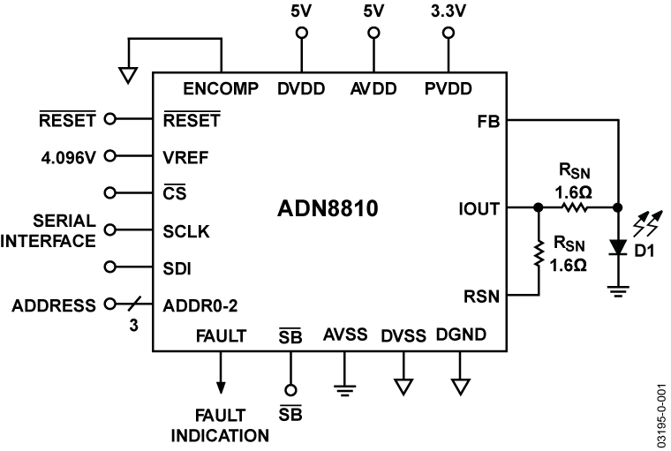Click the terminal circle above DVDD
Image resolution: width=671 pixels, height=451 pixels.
coord(301,34)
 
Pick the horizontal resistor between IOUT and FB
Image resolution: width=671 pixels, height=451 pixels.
coord(575,209)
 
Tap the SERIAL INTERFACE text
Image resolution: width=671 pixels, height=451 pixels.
coord(52,229)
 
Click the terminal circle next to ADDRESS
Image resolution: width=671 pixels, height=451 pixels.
coord(110,305)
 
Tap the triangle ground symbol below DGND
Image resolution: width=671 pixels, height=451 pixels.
coord(460,385)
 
